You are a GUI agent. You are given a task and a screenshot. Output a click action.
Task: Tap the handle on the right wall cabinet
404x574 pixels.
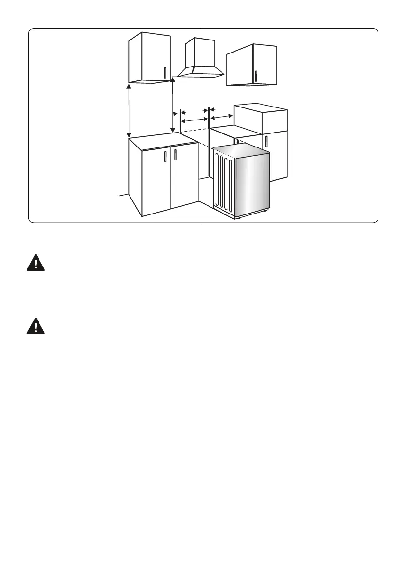click(x=256, y=76)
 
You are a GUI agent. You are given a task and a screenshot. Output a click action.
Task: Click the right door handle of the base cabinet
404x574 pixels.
click(x=175, y=156)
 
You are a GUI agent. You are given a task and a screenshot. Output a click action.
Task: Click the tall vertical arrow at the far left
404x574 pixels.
click(x=129, y=110)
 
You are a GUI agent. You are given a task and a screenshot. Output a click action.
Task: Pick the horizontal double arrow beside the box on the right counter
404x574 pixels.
click(x=222, y=117)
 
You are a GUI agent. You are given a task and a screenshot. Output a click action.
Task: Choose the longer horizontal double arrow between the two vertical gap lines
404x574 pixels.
click(x=194, y=119)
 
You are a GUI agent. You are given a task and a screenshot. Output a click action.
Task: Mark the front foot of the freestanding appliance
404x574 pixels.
click(x=238, y=218)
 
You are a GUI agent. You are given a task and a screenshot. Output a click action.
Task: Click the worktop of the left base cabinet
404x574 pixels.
click(x=164, y=140)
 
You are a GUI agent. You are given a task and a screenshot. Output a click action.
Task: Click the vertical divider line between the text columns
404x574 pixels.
click(x=202, y=386)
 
